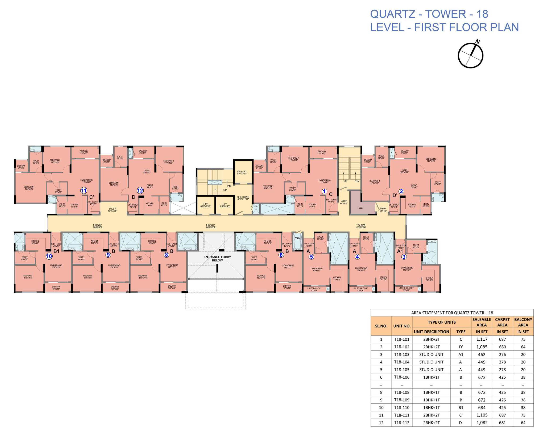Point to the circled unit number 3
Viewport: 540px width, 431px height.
(x=404, y=257)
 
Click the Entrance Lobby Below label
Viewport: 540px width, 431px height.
(x=217, y=258)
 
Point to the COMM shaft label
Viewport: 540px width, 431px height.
(x=297, y=238)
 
